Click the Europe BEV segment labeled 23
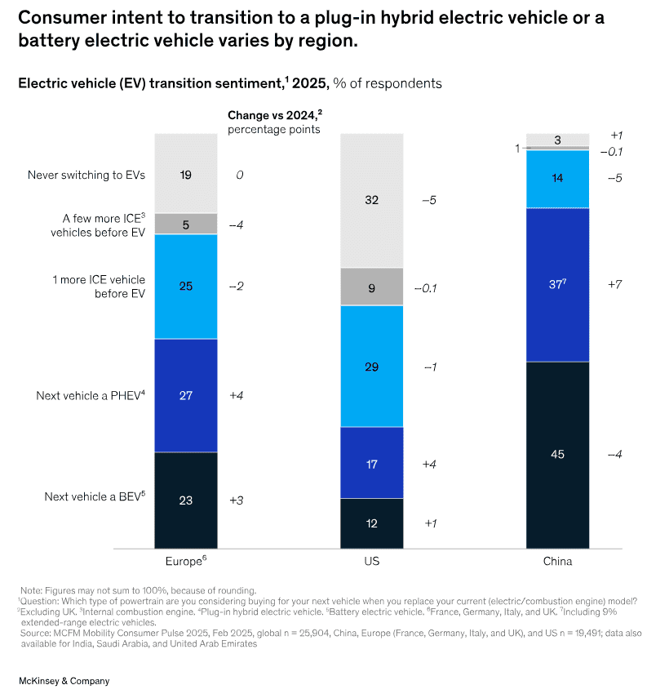186,500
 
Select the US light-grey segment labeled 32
372,200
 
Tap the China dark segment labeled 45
557,454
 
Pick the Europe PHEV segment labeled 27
186,395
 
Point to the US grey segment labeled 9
372,287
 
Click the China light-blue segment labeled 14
557,178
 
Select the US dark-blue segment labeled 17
372,463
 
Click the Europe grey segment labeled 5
186,224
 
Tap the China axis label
557,562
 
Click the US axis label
372,562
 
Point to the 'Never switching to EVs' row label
86,175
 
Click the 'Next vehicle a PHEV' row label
90,395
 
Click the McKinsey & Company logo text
64,680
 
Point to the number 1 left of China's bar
517,148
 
